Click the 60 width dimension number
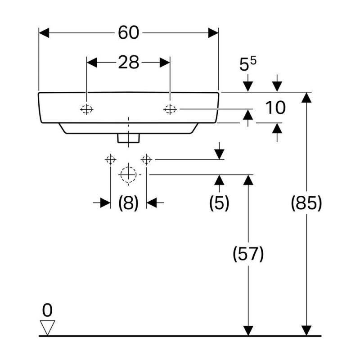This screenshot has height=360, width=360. coord(128,32)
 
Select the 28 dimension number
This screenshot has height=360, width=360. coord(128,63)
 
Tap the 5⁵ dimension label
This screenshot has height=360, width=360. coord(247,64)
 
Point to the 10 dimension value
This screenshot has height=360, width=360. coord(275,108)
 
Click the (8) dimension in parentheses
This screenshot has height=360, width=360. coord(128,203)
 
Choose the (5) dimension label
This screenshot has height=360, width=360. coord(219,203)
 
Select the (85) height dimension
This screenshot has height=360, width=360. coord(307,203)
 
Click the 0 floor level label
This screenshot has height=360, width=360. coord(47,310)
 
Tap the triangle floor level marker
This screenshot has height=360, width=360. coord(47,327)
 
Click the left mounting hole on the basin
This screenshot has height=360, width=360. coord(86,109)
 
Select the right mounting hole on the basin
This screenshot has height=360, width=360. coord(170,109)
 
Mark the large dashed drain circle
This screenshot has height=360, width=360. coord(128,174)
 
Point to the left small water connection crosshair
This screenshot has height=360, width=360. coord(110,159)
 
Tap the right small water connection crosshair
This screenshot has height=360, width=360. coord(146,159)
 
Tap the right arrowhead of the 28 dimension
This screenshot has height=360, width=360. coord(165,63)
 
